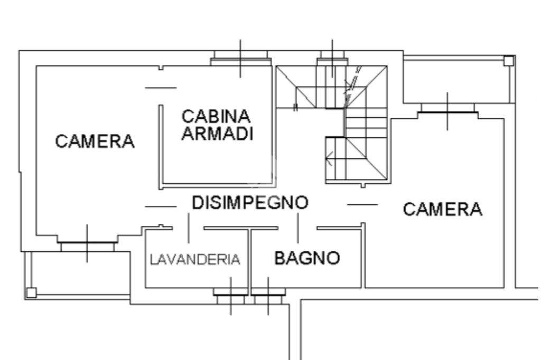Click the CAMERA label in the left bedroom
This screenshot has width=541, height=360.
(x=96, y=141)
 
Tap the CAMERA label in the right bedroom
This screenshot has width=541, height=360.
(x=443, y=210)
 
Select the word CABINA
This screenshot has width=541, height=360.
(x=216, y=116)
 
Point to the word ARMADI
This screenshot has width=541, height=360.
(x=216, y=134)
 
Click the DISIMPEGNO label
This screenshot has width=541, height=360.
(x=250, y=203)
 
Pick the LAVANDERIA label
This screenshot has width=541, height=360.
(x=195, y=260)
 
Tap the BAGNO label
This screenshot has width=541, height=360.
(x=307, y=258)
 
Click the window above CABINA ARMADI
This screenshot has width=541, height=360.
(x=240, y=59)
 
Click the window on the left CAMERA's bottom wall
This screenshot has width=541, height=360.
(x=87, y=243)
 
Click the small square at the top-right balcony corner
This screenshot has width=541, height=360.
(x=508, y=61)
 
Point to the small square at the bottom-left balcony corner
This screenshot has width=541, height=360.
(x=31, y=292)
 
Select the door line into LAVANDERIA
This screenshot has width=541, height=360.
(x=188, y=228)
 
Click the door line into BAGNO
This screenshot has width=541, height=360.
(x=297, y=228)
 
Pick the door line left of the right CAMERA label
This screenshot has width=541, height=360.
(x=362, y=204)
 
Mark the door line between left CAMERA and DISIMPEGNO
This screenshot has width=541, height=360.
(x=161, y=206)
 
